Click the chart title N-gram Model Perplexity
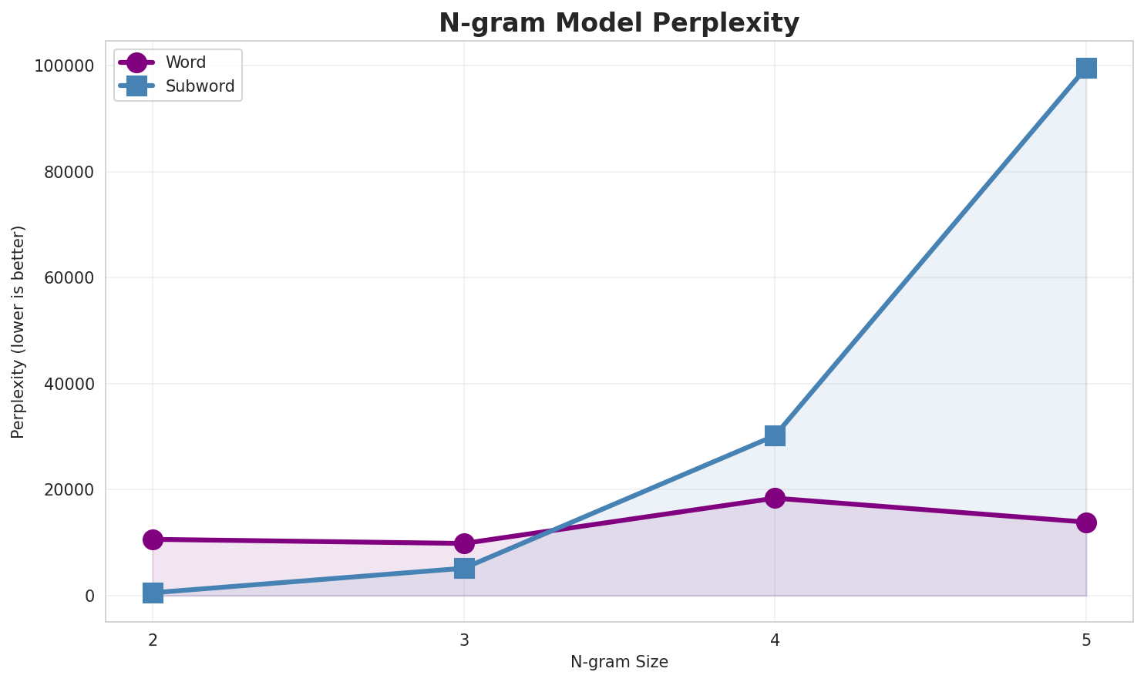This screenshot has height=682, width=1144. (619, 23)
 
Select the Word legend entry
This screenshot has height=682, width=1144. (185, 63)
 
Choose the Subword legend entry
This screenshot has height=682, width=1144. (200, 86)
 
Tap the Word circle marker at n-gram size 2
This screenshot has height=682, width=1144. (153, 539)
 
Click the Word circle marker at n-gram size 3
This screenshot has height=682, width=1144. (464, 543)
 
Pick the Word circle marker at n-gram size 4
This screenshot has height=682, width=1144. (775, 498)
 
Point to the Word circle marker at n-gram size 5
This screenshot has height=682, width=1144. (1086, 522)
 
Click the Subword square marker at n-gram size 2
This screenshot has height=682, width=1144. (153, 593)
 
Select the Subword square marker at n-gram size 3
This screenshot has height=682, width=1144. (464, 568)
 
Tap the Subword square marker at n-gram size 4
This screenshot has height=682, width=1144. (775, 435)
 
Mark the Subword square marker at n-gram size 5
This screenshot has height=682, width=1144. (1086, 68)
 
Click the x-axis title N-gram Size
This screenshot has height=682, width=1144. (619, 662)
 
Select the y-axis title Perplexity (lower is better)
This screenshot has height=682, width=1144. (19, 331)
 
